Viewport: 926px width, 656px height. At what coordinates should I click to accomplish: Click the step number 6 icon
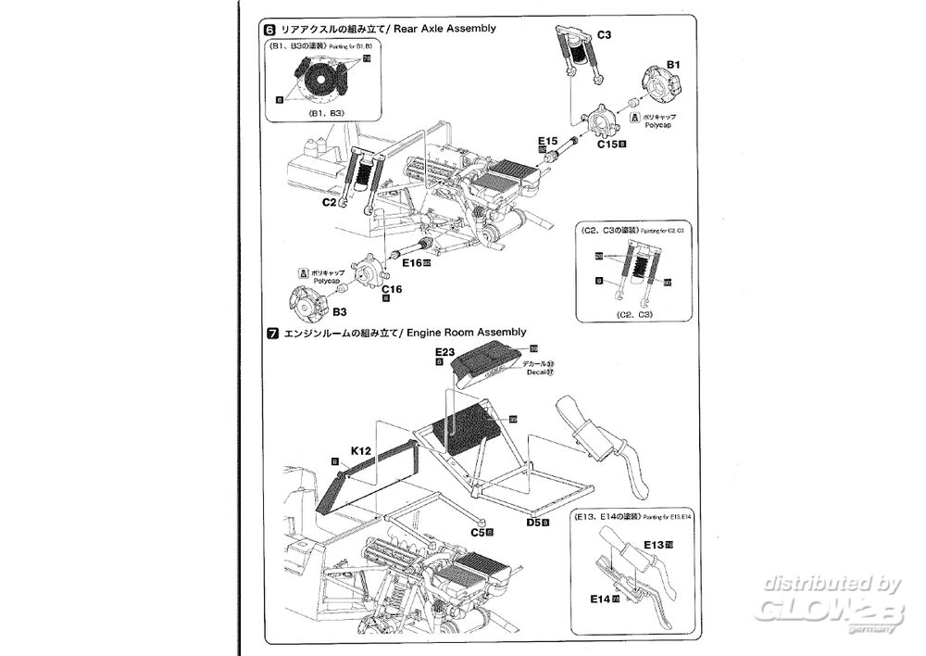pos(269,29)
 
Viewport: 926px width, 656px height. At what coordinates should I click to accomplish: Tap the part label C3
pos(604,35)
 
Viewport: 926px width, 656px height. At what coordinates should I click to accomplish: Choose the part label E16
pos(411,263)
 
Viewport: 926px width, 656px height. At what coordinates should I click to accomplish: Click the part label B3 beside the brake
pos(340,311)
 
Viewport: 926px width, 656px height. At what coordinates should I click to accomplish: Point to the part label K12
pos(360,450)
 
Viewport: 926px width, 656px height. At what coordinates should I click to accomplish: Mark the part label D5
pos(534,524)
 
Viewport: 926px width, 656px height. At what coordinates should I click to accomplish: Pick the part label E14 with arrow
pos(600,599)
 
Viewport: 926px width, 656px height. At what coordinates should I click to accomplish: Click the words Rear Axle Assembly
pos(444,29)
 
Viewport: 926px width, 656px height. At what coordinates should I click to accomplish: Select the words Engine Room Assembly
pos(468,332)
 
